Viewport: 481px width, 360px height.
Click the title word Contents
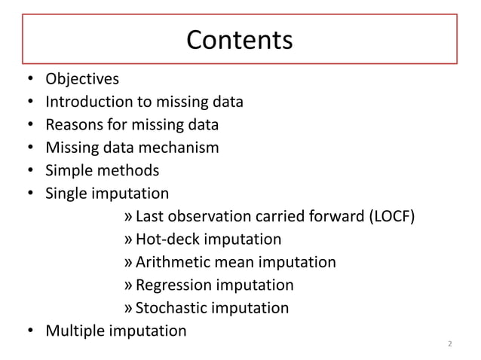click(239, 40)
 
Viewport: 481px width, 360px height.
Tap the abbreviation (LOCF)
click(390, 217)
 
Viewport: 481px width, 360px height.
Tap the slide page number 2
click(449, 345)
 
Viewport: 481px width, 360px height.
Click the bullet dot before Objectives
click(29, 78)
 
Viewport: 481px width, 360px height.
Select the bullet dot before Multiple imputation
click(29, 331)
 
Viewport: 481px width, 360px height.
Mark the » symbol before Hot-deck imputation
click(128, 240)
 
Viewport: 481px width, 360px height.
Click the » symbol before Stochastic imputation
click(128, 308)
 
